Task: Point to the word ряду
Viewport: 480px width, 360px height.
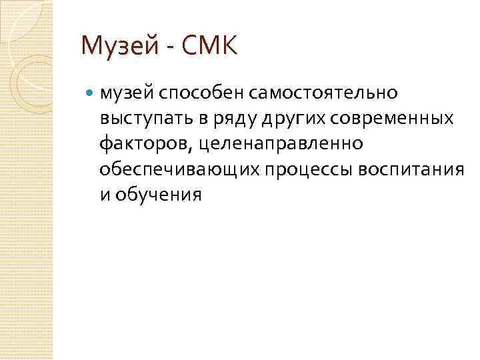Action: click(x=215, y=118)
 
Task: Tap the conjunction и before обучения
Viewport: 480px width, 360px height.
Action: click(x=104, y=195)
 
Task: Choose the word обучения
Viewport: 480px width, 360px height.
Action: click(x=158, y=195)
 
